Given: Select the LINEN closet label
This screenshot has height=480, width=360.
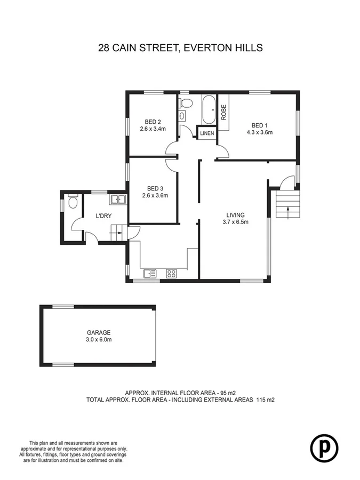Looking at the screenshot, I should point(206,133).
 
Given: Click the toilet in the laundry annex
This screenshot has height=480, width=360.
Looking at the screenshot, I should point(74,202).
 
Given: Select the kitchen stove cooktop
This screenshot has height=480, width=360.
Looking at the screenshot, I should point(172,274).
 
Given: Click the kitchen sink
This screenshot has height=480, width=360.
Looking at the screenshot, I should point(150,274).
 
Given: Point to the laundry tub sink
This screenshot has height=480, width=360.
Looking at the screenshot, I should point(118,199).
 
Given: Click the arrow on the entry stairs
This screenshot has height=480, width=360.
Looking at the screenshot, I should point(287,209).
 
